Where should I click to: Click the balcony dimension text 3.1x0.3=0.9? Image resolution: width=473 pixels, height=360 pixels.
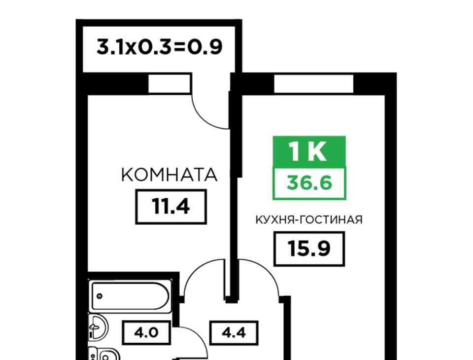pyautogui.click(x=159, y=47)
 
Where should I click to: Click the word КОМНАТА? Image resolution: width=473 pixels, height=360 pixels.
pyautogui.click(x=169, y=175)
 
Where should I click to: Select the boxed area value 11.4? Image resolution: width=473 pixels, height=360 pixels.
pyautogui.click(x=171, y=207)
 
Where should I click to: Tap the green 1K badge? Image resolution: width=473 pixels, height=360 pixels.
pyautogui.click(x=309, y=151)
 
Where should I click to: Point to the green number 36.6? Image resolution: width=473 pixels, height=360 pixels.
pyautogui.click(x=309, y=183)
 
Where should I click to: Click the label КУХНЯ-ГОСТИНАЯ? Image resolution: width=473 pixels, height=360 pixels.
pyautogui.click(x=309, y=220)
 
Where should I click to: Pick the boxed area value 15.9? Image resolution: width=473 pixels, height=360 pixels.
pyautogui.click(x=309, y=249)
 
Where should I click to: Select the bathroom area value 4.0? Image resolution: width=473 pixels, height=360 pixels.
pyautogui.click(x=146, y=333)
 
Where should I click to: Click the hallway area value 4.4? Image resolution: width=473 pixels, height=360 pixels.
pyautogui.click(x=234, y=333)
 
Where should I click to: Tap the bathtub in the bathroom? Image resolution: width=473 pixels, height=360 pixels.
pyautogui.click(x=130, y=296)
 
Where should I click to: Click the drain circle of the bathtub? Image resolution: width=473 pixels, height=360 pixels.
pyautogui.click(x=100, y=296)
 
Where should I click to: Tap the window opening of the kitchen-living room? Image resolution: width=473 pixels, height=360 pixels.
pyautogui.click(x=313, y=84)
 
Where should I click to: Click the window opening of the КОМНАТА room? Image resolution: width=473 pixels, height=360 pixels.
pyautogui.click(x=169, y=84)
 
